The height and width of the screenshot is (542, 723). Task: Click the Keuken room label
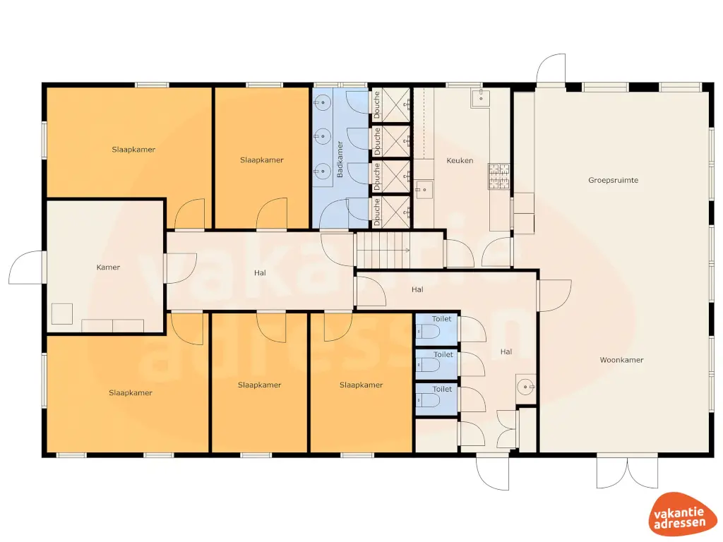pyautogui.click(x=460, y=161)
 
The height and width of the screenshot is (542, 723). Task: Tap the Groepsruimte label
pyautogui.click(x=613, y=180)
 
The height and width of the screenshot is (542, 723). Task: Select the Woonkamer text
pyautogui.click(x=621, y=360)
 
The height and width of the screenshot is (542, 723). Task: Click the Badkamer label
pyautogui.click(x=340, y=159)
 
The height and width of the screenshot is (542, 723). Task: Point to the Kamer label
pyautogui.click(x=108, y=267)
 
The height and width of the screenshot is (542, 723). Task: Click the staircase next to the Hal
pyautogui.click(x=382, y=251)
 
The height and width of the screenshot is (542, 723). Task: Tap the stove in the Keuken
pyautogui.click(x=499, y=176)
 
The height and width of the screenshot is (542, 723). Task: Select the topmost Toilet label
pyautogui.click(x=442, y=319)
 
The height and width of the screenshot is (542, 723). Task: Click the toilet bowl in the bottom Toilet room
pyautogui.click(x=429, y=401)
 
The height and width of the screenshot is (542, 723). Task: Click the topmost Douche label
pyautogui.click(x=377, y=106)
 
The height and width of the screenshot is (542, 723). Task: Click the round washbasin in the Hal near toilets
pyautogui.click(x=525, y=387)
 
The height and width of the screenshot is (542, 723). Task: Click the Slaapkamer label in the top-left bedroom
pyautogui.click(x=133, y=150)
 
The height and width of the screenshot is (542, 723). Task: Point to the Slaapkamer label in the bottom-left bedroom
pyautogui.click(x=131, y=392)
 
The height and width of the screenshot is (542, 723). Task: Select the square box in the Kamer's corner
pyautogui.click(x=61, y=313)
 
